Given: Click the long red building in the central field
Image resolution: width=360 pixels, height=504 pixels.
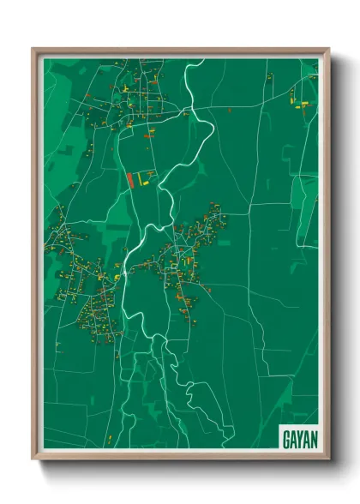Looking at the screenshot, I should tap(130, 180).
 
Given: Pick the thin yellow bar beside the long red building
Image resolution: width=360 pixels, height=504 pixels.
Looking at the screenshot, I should tap(138, 180).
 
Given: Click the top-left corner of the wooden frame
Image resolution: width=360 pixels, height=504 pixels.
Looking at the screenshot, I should tap(33, 49).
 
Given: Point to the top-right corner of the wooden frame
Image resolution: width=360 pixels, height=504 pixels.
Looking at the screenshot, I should tap(328, 49).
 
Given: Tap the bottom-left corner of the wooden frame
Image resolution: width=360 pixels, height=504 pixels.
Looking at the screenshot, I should tap(33, 459).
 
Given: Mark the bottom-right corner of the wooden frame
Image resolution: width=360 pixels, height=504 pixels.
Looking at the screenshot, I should tap(328, 459).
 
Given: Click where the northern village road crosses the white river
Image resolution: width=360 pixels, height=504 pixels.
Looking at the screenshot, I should tap(191, 109).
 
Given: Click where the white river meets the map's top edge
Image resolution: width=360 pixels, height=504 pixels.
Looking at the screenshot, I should tap(204, 59).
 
